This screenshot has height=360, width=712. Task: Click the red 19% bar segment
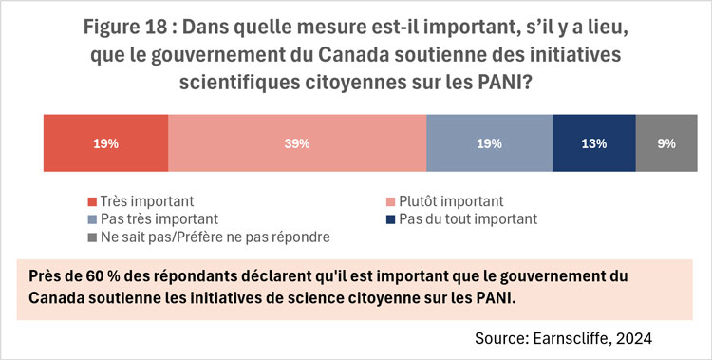click(106, 144)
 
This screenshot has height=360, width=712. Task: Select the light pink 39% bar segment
click(298, 144)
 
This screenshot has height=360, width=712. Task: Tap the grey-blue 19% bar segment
click(490, 144)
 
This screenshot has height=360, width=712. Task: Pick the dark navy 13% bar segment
click(593, 144)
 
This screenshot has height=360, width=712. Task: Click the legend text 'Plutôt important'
click(451, 201)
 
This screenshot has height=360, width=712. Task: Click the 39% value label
click(298, 144)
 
